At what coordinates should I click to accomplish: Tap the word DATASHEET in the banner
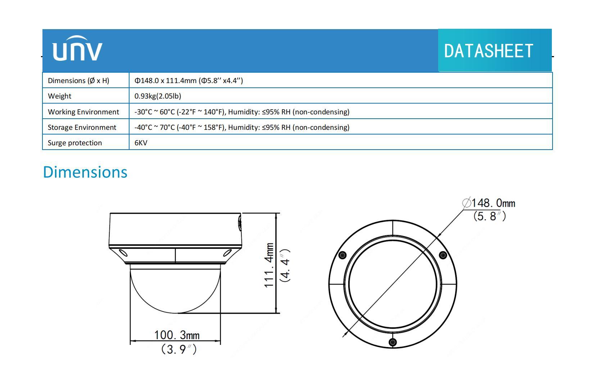(x=488, y=51)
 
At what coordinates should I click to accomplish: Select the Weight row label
(x=60, y=96)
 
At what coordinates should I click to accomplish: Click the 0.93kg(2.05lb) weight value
(x=158, y=96)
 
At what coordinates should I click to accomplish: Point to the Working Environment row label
(x=83, y=112)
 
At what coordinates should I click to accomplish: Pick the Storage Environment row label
(x=82, y=127)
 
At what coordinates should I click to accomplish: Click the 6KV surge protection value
(x=141, y=143)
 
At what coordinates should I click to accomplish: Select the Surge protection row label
(x=75, y=143)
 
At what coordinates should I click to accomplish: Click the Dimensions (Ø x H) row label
(x=78, y=81)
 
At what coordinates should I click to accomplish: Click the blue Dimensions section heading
(x=85, y=172)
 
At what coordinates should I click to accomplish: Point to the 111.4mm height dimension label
(x=269, y=265)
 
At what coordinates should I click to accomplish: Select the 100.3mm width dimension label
(x=177, y=335)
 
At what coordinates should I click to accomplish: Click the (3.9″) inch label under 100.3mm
(x=179, y=349)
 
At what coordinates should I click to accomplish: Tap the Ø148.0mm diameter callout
(x=489, y=203)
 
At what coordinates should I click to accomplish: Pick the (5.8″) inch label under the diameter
(x=490, y=216)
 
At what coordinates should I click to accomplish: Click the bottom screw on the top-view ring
(x=393, y=342)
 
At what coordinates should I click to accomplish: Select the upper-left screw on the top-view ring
(x=343, y=255)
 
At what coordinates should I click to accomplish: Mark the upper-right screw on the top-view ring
(x=443, y=255)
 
